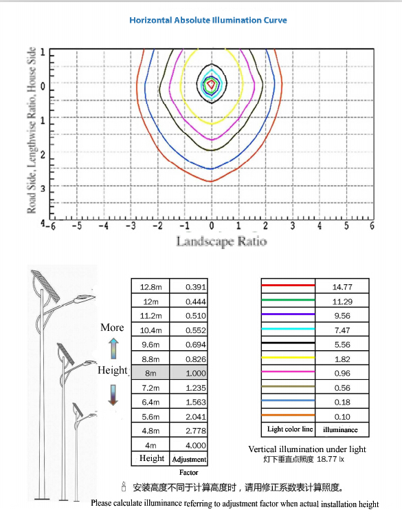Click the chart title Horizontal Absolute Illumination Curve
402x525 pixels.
pos(208,20)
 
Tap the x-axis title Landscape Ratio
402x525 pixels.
pos(222,241)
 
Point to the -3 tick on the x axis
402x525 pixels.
pos(131,225)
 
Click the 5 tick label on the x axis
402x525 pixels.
pos(346,225)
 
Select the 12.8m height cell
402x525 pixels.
pos(150,287)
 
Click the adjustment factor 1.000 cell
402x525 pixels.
pos(188,373)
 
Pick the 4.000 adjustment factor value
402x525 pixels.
pos(196,445)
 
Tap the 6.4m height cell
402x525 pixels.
pos(150,402)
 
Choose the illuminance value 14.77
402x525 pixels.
pos(342,287)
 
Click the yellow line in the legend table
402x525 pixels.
pos(288,358)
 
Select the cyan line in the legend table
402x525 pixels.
pos(288,329)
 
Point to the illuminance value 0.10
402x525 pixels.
pos(342,417)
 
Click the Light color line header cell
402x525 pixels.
pos(289,429)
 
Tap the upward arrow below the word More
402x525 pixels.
pos(113,349)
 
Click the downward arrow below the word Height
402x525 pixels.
pos(113,395)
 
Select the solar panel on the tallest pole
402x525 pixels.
pos(46,286)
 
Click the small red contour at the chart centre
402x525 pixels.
pos(211,83)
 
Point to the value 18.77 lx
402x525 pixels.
pos(330,459)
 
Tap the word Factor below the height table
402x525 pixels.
pos(188,473)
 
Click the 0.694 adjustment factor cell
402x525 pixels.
pos(188,344)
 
